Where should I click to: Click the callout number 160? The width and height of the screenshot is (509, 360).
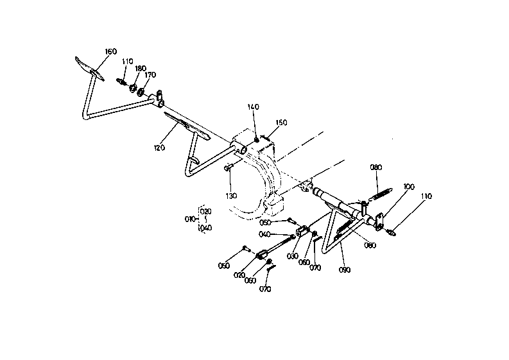click(110, 51)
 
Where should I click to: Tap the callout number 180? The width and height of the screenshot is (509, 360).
click(141, 69)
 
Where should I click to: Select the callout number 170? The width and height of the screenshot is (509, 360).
click(150, 75)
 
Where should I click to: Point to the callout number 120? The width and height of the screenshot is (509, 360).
click(159, 148)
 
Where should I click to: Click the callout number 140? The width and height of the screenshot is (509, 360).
click(253, 107)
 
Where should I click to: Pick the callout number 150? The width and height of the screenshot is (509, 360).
click(281, 123)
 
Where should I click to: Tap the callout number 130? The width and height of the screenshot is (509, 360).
click(231, 196)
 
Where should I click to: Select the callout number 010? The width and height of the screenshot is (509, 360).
click(190, 219)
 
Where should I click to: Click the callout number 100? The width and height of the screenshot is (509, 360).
click(409, 187)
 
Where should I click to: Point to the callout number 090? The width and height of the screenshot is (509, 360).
click(345, 270)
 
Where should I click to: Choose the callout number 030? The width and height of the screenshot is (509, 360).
click(293, 256)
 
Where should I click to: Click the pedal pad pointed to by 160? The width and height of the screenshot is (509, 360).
click(90, 69)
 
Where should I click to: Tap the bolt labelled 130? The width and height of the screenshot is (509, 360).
click(229, 167)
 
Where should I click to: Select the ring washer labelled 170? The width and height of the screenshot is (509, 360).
click(141, 92)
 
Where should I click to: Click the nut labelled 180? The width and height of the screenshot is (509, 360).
click(133, 88)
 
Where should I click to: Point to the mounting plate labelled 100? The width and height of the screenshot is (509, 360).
click(379, 222)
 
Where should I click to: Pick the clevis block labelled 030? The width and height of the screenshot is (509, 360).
click(302, 231)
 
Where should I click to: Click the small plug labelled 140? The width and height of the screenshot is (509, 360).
click(257, 140)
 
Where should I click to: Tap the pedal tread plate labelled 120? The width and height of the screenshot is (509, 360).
click(187, 126)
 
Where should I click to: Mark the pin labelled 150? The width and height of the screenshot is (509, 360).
click(266, 138)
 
